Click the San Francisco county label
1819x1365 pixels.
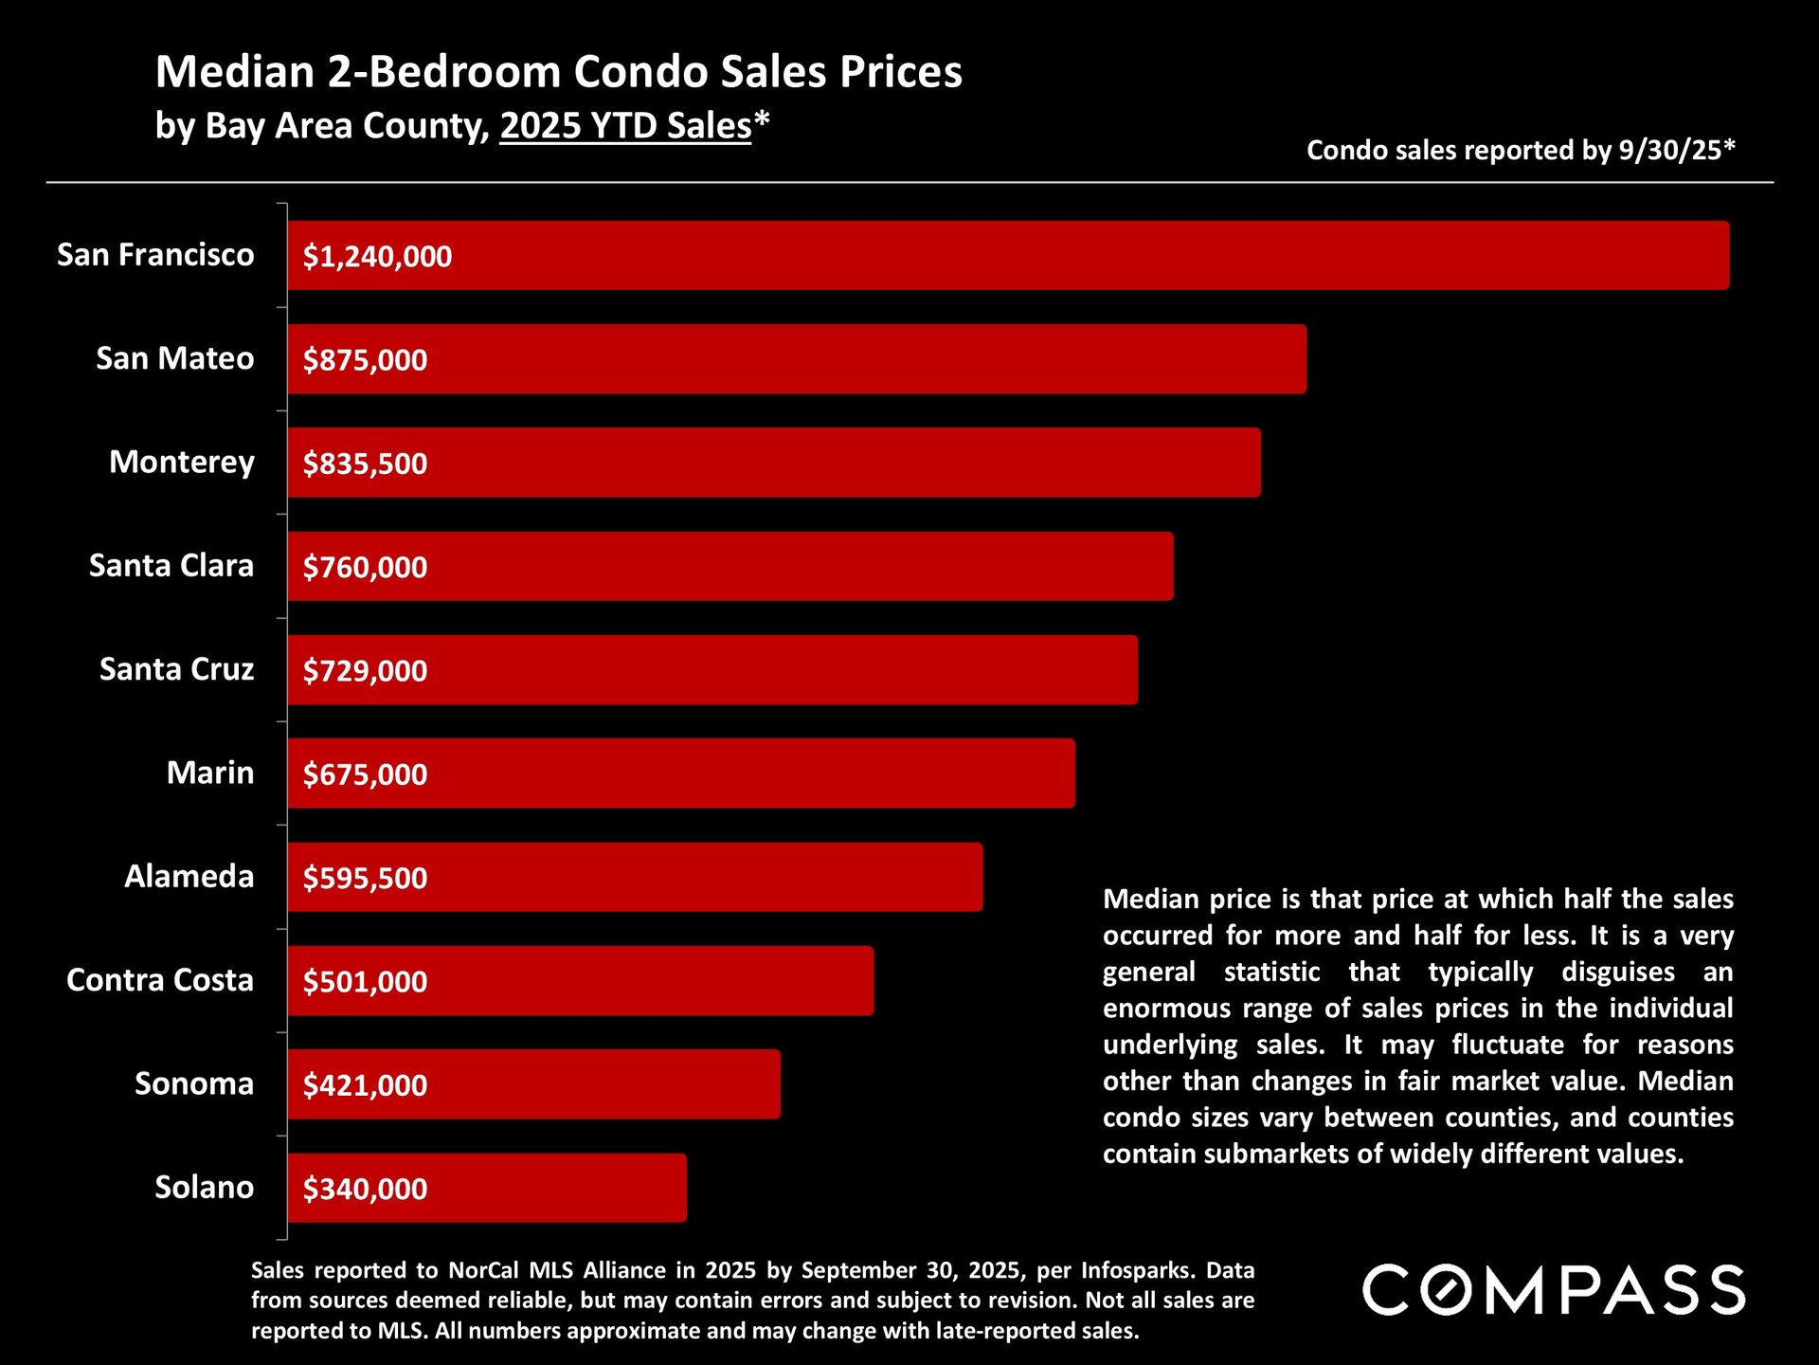point(155,255)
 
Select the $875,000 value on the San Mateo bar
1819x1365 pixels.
point(365,360)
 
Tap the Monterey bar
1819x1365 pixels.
point(773,463)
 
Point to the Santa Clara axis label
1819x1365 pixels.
point(171,566)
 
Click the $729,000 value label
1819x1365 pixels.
point(365,671)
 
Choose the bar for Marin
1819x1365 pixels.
point(680,773)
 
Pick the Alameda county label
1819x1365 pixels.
point(189,877)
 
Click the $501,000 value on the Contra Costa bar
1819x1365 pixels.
point(365,982)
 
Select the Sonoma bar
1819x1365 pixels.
point(533,1084)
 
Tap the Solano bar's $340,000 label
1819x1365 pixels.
point(365,1189)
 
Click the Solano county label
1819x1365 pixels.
point(205,1188)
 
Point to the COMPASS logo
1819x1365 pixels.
point(1554,1290)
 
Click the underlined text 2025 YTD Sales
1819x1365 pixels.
point(625,126)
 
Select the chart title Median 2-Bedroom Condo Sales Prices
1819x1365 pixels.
point(558,72)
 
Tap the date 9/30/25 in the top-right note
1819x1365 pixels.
point(1669,151)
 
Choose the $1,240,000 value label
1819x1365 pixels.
point(377,257)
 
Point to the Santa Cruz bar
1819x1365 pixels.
point(712,670)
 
